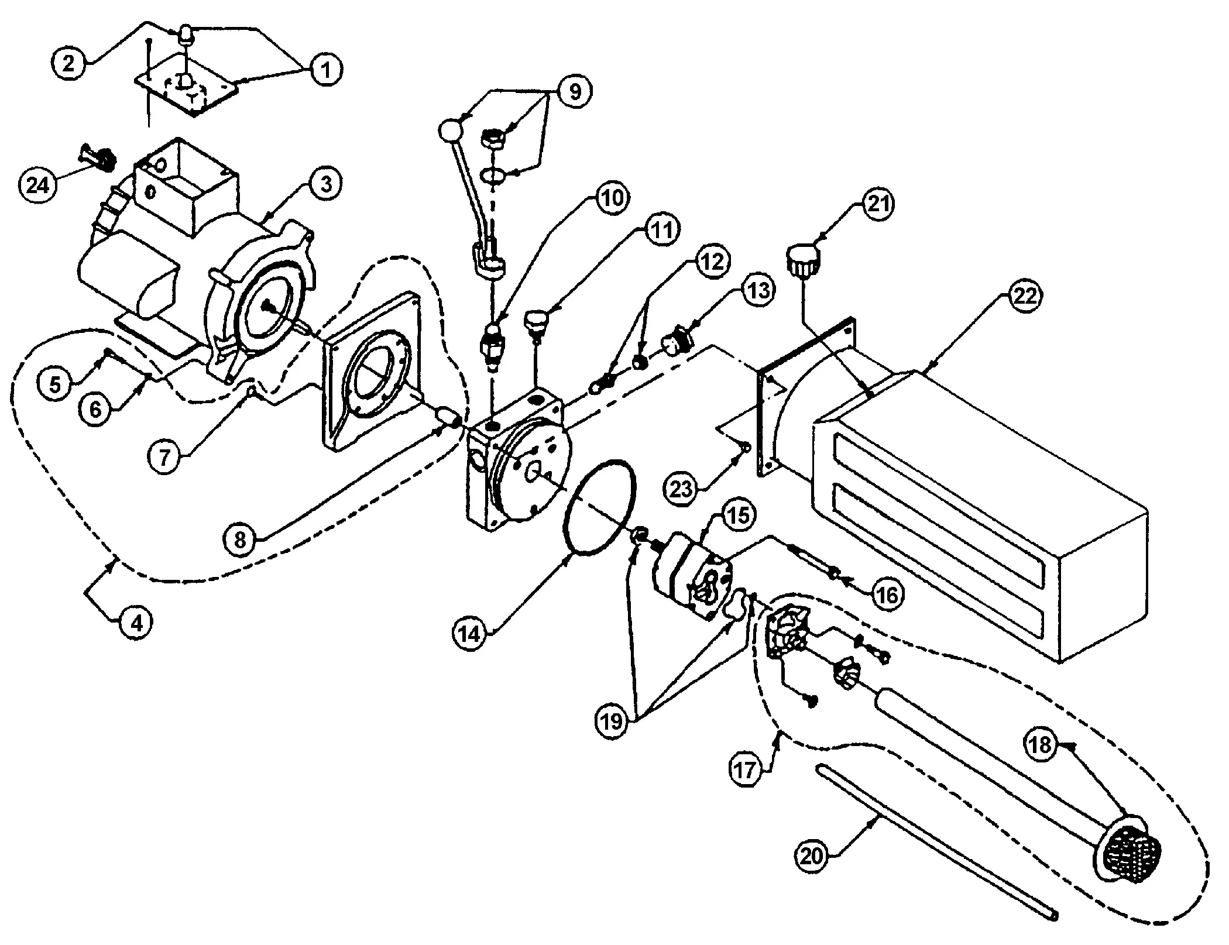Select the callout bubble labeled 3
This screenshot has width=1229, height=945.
tap(326, 184)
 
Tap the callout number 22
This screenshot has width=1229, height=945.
tap(1024, 296)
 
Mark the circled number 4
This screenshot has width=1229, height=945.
tap(136, 623)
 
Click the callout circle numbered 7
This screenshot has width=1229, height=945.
tap(164, 456)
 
